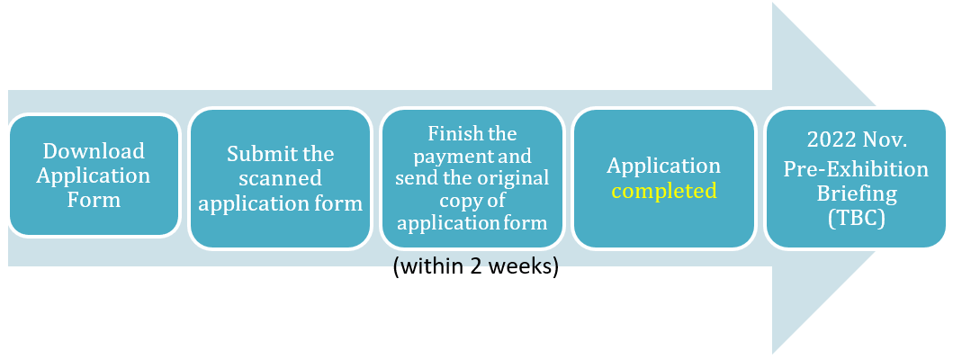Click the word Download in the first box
pyautogui.click(x=94, y=150)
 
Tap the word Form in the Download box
pyautogui.click(x=94, y=200)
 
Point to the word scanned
pyautogui.click(x=280, y=178)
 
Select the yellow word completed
pyautogui.click(x=664, y=191)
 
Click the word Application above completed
pyautogui.click(x=664, y=166)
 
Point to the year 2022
pyautogui.click(x=829, y=140)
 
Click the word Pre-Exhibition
pyautogui.click(x=856, y=168)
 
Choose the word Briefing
pyautogui.click(x=856, y=193)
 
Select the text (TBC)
pyautogui.click(x=856, y=219)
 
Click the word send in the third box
pyautogui.click(x=418, y=178)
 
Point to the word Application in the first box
pyautogui.click(x=94, y=175)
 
